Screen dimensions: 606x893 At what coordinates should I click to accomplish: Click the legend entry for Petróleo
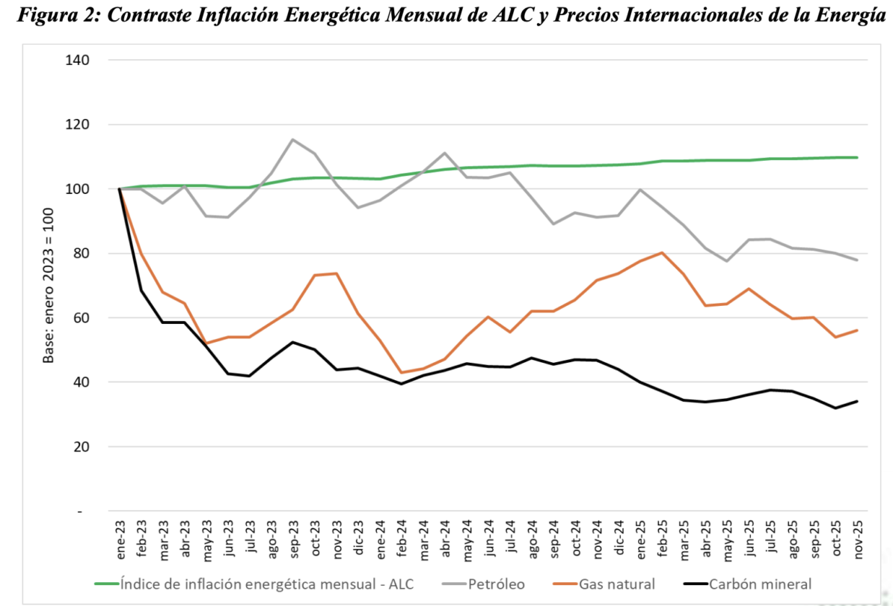495,584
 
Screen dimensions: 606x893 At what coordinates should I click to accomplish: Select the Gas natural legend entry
617,584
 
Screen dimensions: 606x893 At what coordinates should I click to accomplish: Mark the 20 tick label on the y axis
82,447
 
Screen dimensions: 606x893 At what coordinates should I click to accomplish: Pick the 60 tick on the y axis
82,318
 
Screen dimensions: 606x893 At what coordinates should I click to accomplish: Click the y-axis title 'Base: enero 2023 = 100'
49,286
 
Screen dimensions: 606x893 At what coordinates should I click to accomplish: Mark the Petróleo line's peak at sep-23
293,140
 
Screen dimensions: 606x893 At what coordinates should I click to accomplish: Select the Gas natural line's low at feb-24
402,373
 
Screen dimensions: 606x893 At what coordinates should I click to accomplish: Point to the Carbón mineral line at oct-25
835,408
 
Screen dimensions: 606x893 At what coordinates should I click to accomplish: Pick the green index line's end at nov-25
857,157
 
